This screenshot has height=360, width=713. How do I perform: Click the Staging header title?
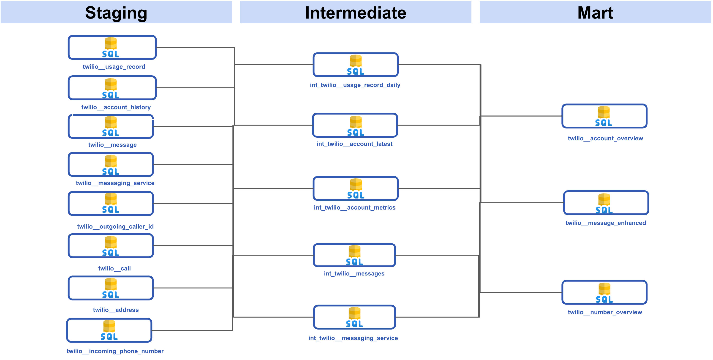pos(116,13)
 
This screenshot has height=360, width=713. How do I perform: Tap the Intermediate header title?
pos(355,13)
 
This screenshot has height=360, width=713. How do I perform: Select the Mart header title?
pos(595,13)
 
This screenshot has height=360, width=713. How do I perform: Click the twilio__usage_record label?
pos(114,67)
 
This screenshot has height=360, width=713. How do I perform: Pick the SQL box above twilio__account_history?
pos(112,88)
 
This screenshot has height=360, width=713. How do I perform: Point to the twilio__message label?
pos(112,145)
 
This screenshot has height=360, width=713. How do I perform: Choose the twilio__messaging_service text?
pos(115,183)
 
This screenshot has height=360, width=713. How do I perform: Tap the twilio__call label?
pos(114,268)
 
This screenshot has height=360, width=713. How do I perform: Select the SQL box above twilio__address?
pos(111,288)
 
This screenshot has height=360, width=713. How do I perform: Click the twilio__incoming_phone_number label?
pos(115,351)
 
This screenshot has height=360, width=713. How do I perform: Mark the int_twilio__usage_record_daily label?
pos(355,85)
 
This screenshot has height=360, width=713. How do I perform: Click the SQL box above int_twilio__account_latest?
pos(355,125)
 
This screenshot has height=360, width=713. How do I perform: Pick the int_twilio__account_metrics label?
pos(355,208)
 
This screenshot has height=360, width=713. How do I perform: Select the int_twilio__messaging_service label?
pos(353,338)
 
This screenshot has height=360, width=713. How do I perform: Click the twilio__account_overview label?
pos(605,139)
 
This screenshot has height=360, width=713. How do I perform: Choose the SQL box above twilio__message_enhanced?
pos(606,203)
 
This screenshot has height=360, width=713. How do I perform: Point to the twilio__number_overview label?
pos(605,312)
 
